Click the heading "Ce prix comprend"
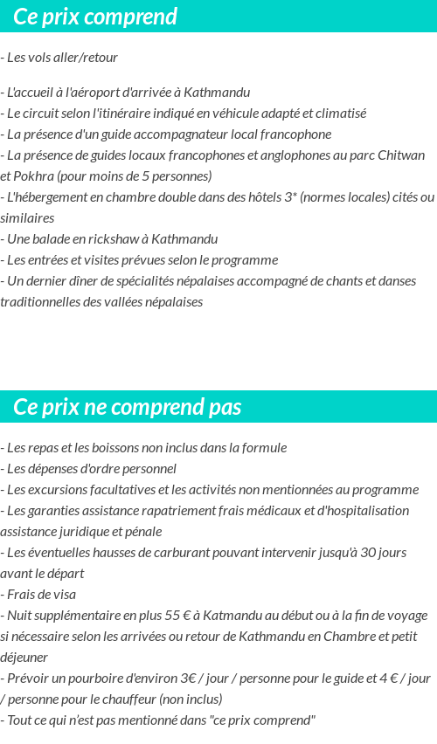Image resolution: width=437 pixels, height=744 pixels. (x=95, y=17)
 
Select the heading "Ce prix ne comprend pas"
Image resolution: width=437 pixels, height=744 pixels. (x=128, y=408)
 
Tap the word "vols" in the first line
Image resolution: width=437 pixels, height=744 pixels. (x=40, y=58)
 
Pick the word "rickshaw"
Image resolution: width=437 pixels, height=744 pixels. (x=98, y=239)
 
